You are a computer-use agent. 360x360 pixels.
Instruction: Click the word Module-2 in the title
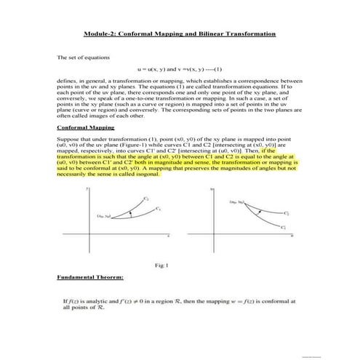click(100, 33)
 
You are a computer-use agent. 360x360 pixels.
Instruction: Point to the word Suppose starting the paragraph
click(67, 136)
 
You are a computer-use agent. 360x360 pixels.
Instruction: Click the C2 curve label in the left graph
click(146, 198)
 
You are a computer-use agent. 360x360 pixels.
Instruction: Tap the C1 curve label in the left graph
click(158, 209)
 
